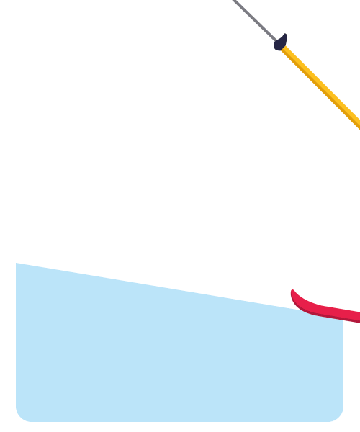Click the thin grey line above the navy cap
[x=253, y=20]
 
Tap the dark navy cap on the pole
[x=280, y=43]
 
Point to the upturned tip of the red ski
[x=293, y=292]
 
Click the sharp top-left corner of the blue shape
[x=17, y=264]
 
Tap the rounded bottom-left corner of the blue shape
[x=21, y=416]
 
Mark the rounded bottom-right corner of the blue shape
[x=338, y=416]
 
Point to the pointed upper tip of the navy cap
[x=285, y=35]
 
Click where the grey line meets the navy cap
[x=275, y=41]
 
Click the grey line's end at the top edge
[x=234, y=1]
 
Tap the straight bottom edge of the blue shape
[x=180, y=420]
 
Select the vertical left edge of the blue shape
[x=16, y=338]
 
